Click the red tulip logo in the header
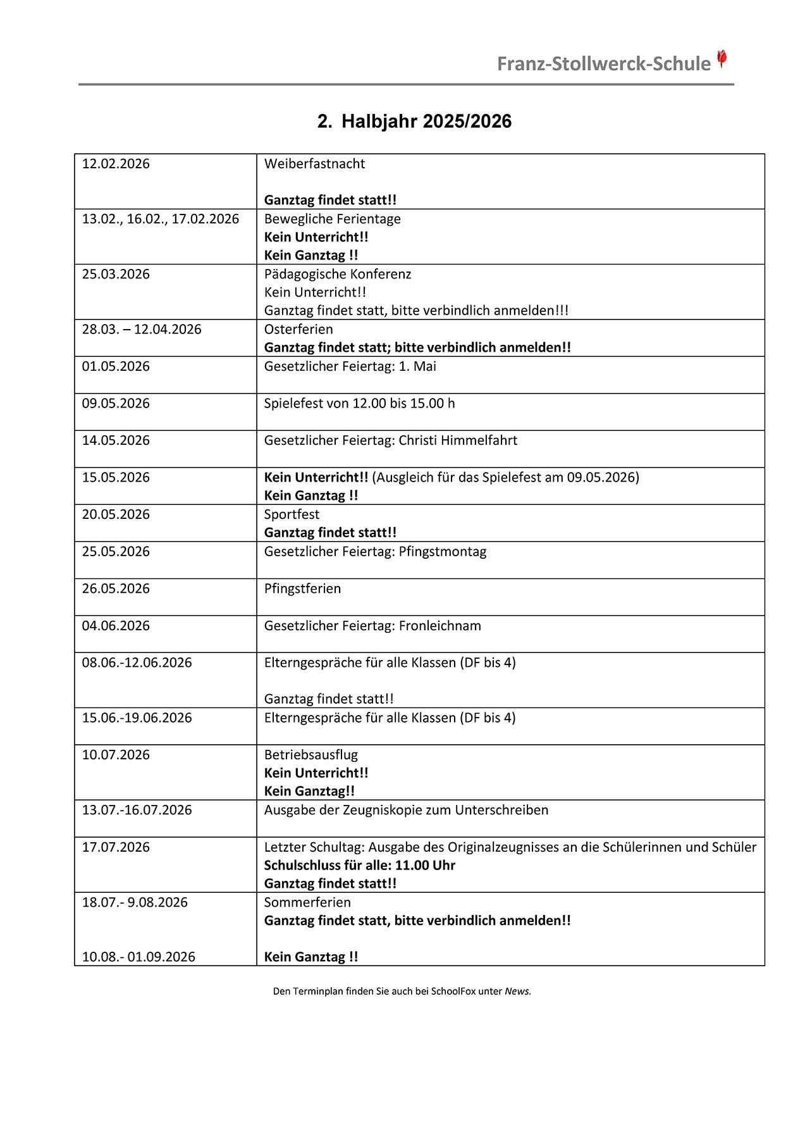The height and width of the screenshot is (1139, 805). (x=722, y=59)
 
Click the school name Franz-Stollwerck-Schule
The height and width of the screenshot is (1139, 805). (x=603, y=64)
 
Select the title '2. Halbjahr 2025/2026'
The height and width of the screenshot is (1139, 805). (x=414, y=121)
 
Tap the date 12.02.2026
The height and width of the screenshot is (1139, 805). (x=116, y=164)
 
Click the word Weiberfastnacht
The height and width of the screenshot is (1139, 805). (x=314, y=164)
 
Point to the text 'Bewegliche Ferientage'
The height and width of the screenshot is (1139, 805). (x=332, y=219)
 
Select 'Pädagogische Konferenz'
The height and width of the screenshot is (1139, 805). (x=338, y=274)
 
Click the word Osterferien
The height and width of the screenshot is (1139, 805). (x=298, y=330)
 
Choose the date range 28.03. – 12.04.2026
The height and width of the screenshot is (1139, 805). (x=142, y=330)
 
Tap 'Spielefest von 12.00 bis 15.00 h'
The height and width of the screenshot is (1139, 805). (x=359, y=404)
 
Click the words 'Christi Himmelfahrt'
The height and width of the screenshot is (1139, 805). (x=458, y=440)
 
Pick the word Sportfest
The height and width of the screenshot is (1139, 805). (x=292, y=514)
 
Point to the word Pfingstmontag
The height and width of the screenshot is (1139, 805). (x=443, y=552)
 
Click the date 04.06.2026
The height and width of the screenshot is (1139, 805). (x=116, y=626)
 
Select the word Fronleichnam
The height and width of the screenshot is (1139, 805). (x=439, y=626)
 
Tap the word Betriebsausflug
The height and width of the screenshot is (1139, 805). (x=310, y=755)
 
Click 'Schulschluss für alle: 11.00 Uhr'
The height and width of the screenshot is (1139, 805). (x=359, y=866)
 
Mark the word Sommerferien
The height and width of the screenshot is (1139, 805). (x=307, y=902)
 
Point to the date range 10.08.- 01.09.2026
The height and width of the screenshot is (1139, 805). (x=138, y=957)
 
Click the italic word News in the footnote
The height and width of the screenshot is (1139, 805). (x=517, y=992)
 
